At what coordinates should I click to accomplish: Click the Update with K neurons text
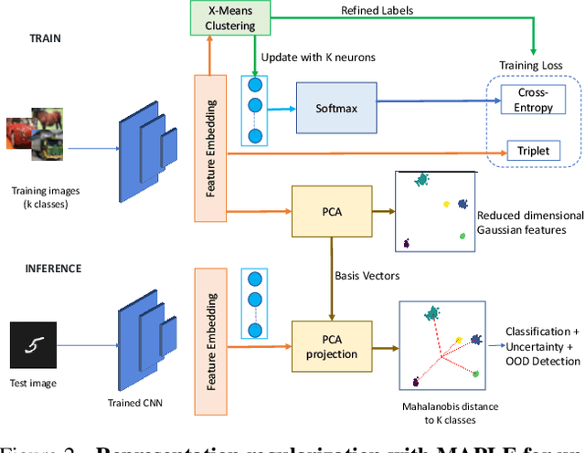317,57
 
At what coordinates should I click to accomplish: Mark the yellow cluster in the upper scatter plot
446,203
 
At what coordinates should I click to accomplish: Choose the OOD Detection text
543,361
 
